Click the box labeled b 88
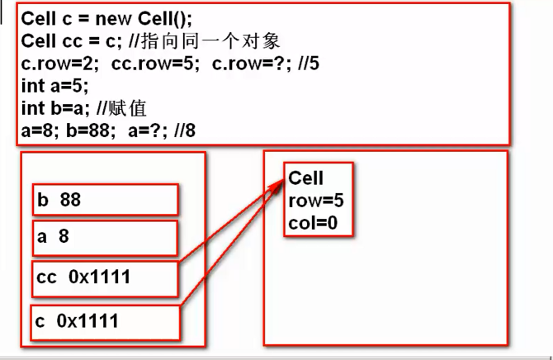point(106,199)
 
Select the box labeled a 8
point(106,238)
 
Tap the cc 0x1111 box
point(106,277)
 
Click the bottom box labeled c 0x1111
point(106,321)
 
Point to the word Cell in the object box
point(306,178)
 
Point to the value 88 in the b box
point(71,199)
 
